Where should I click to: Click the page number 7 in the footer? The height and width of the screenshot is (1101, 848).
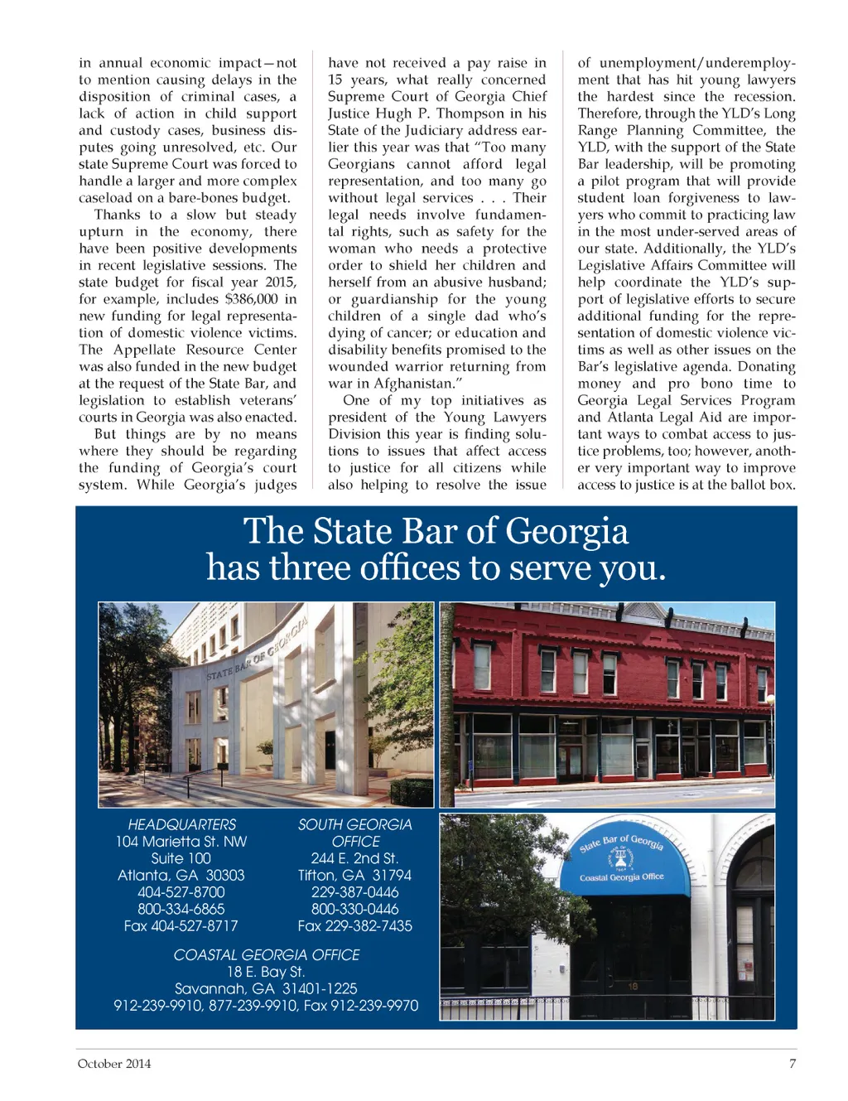[x=793, y=1064]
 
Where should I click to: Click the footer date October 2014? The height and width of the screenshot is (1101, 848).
[x=114, y=1064]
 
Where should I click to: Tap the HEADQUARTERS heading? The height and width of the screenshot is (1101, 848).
[x=181, y=824]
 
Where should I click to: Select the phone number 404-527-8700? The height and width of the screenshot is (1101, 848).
[x=181, y=892]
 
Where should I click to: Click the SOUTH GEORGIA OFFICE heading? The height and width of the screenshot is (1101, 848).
[x=354, y=833]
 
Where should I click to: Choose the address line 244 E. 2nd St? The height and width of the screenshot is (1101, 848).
[x=354, y=858]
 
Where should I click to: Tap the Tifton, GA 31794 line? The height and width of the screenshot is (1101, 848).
[x=354, y=876]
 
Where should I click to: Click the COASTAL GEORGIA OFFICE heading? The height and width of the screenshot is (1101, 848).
[x=267, y=955]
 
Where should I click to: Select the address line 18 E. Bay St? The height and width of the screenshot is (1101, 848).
[x=266, y=972]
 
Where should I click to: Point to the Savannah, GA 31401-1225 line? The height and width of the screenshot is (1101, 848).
[x=266, y=988]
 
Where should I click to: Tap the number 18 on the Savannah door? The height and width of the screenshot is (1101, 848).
[x=633, y=987]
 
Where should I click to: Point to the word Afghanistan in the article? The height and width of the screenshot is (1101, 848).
[x=412, y=384]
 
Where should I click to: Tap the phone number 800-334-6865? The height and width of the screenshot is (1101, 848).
[x=181, y=909]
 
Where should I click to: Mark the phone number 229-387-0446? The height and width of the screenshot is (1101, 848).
[x=354, y=892]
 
